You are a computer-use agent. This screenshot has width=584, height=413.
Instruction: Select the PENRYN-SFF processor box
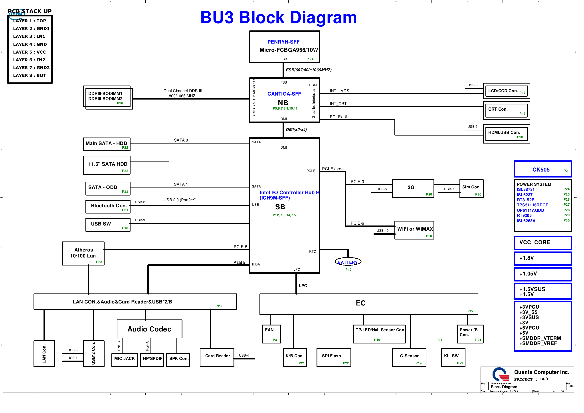pos(284,47)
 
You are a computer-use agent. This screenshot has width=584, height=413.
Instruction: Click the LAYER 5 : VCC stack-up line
pos(30,52)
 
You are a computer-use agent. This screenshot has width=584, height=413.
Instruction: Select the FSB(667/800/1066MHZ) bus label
pos(309,70)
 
